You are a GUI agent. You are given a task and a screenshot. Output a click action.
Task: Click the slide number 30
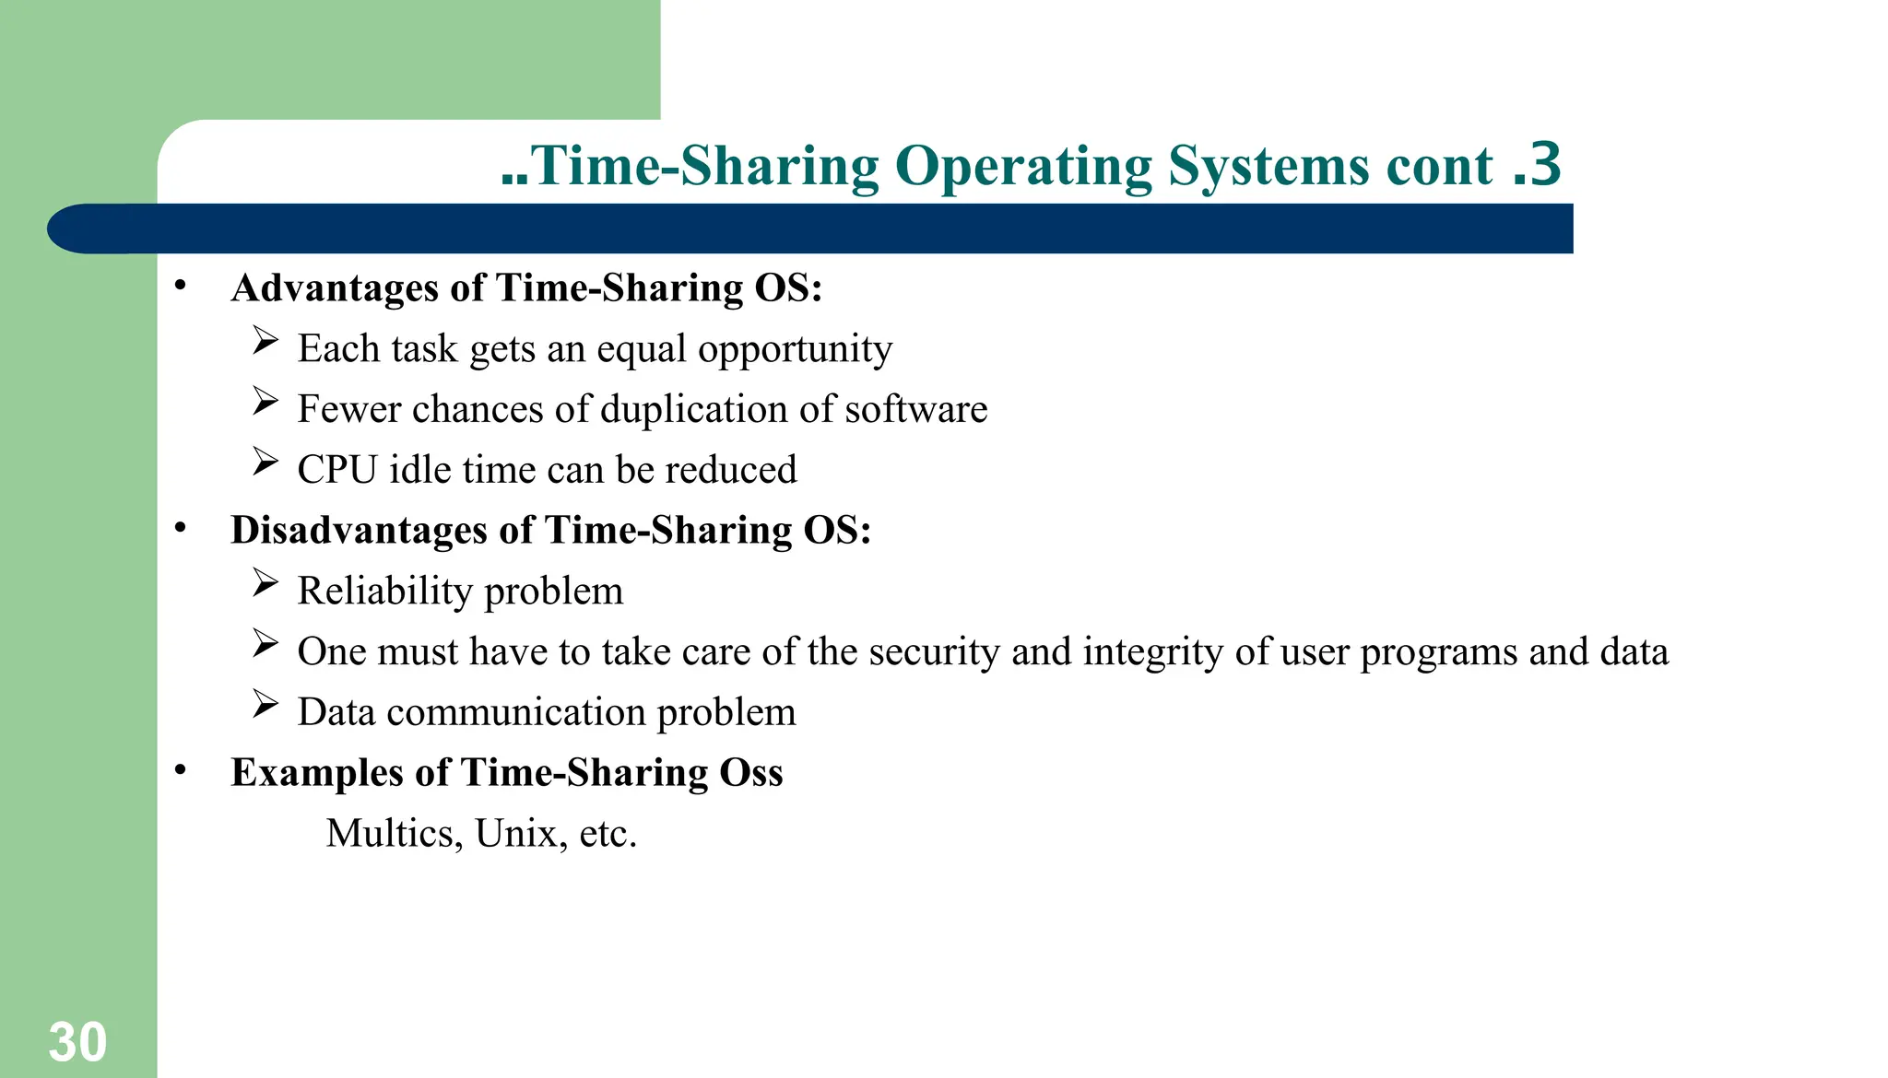[77, 1042]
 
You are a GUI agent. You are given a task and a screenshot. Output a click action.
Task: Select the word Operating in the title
[1022, 167]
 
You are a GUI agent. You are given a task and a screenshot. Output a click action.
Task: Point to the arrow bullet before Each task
[265, 341]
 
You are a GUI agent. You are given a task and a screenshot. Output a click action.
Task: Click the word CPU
[336, 470]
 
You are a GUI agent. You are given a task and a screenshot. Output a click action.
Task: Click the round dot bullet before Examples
[181, 769]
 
